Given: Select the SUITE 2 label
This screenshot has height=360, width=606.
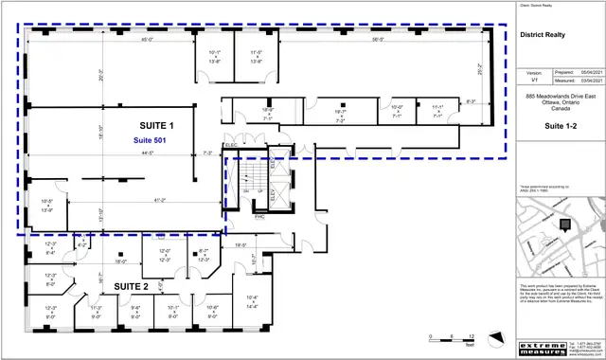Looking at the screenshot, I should tap(132, 285).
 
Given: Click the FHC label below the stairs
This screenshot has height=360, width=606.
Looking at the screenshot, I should tap(259, 216).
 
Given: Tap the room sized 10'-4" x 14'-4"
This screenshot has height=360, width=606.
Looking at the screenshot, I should tap(251, 278).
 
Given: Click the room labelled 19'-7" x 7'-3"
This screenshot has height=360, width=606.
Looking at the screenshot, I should tap(338, 117).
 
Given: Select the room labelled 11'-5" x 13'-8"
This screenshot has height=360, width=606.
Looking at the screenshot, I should tap(256, 57).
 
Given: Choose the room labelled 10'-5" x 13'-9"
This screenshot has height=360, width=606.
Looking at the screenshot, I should tap(47, 205).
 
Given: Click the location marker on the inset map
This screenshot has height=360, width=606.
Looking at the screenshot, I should tap(564, 225).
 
